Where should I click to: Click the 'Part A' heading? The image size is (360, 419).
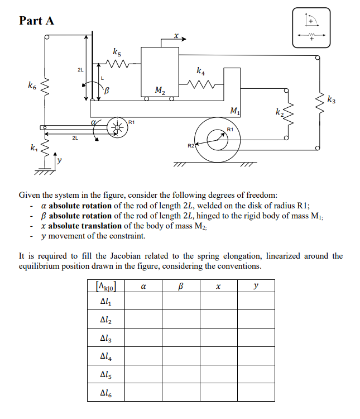[x=37, y=21]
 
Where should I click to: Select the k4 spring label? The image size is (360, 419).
[x=200, y=72]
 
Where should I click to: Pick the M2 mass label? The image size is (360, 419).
[x=160, y=89]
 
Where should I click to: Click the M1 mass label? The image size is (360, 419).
[x=235, y=110]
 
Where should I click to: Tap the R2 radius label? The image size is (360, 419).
[x=190, y=146]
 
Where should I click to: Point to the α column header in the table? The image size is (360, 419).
[x=143, y=286]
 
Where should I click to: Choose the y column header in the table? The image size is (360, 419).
[x=256, y=286]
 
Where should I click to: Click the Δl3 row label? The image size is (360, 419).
[x=105, y=337]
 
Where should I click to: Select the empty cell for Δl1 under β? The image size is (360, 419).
[x=181, y=302]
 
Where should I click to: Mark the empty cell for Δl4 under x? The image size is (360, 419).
[x=218, y=355]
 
